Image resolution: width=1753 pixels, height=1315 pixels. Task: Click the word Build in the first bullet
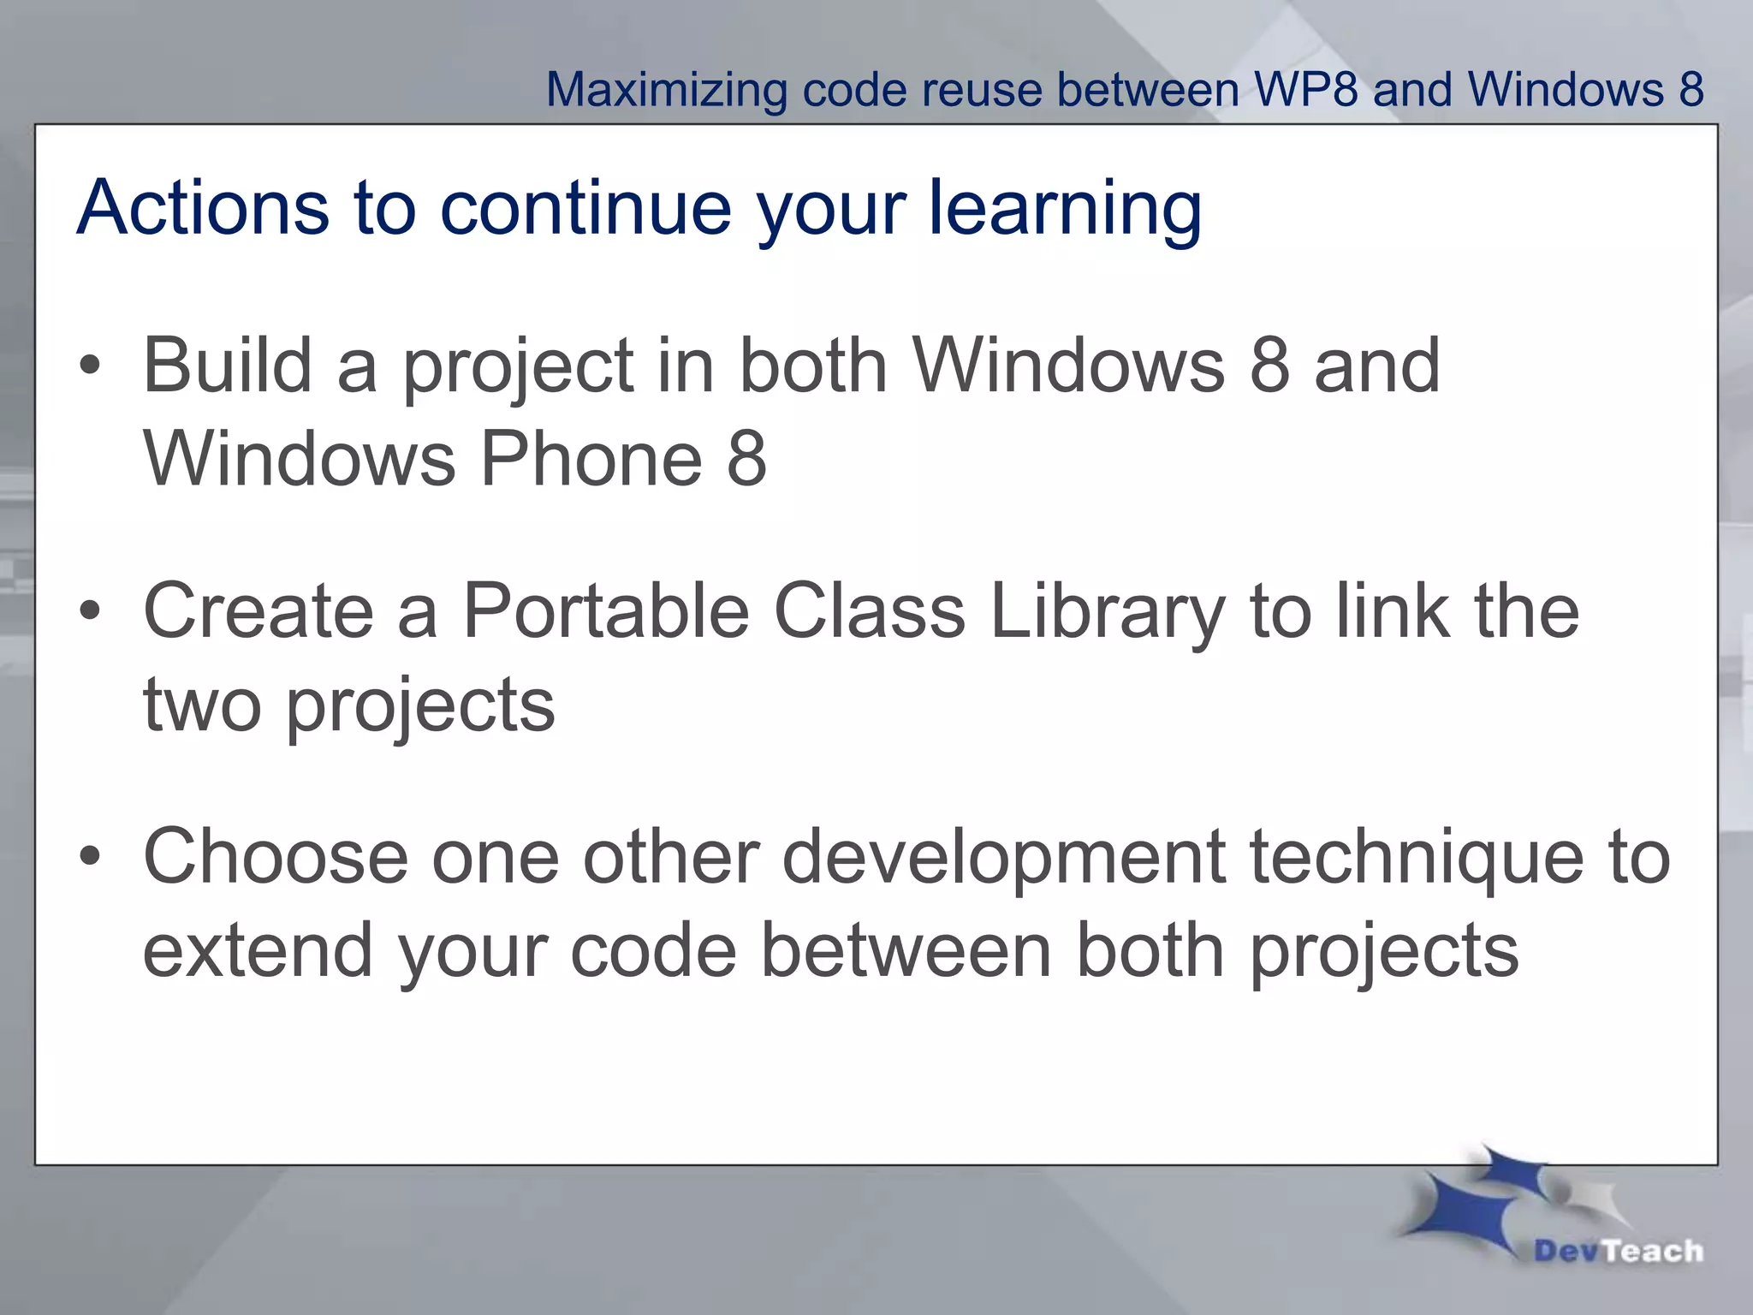coord(227,366)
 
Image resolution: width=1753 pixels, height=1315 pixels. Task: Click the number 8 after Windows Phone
coord(746,459)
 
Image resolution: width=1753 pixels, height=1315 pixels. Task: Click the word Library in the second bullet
coord(1107,611)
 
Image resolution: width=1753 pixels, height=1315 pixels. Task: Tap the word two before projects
coord(202,706)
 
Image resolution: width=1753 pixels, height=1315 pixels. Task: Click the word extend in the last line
coord(257,950)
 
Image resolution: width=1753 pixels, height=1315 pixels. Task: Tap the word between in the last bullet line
coord(906,950)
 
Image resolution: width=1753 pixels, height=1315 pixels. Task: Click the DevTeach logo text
coord(1618,1251)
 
